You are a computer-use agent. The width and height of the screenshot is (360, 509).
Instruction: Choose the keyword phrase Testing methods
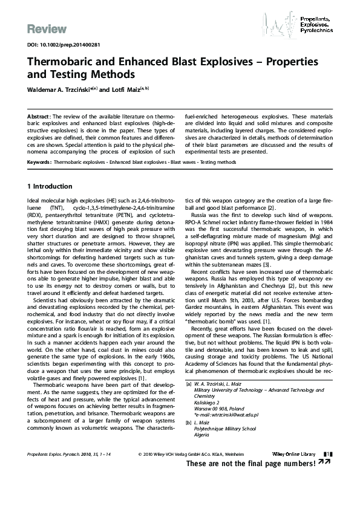[x=219, y=163]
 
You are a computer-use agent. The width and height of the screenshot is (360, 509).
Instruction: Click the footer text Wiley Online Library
[x=292, y=470]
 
